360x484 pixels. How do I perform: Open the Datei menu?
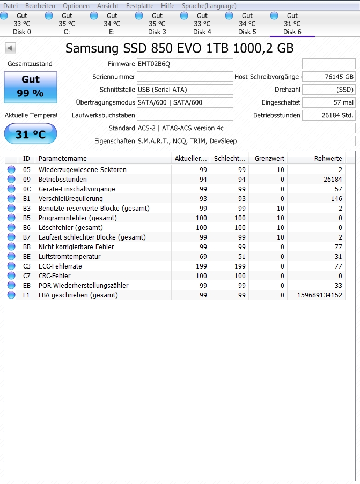pos(10,6)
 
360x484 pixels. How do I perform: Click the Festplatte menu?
pos(139,6)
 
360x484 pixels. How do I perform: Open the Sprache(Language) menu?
pos(209,6)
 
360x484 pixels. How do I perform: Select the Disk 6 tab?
pos(292,24)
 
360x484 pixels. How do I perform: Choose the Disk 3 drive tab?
pos(157,24)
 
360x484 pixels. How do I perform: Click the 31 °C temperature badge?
pos(31,134)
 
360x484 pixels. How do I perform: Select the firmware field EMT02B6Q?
pos(185,64)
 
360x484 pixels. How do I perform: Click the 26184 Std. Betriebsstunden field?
pos(328,115)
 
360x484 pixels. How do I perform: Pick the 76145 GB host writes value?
pos(328,77)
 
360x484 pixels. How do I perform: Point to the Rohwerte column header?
pos(328,159)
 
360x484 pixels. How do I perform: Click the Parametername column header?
pos(62,159)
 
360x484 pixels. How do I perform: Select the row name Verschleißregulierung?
pos(70,198)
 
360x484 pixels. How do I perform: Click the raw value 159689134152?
pos(319,295)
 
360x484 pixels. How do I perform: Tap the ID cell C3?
pos(26,266)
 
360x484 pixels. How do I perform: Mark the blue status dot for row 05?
pos(11,169)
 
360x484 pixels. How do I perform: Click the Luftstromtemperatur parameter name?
pos(69,256)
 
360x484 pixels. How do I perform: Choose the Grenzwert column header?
pos(269,159)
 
